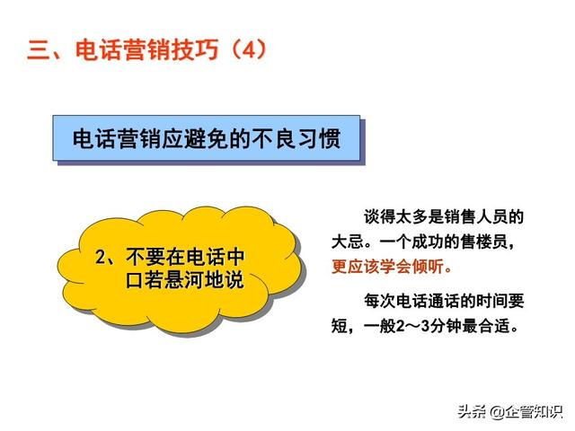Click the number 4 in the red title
click(x=249, y=49)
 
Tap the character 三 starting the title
click(x=39, y=49)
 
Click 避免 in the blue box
click(x=207, y=138)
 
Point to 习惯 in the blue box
click(x=319, y=138)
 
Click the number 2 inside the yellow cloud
click(x=100, y=257)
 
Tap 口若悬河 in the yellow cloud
click(x=164, y=280)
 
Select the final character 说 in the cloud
click(x=234, y=280)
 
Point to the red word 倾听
click(x=428, y=267)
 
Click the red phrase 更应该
click(x=355, y=267)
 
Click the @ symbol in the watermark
click(x=497, y=411)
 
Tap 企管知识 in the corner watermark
click(x=534, y=411)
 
